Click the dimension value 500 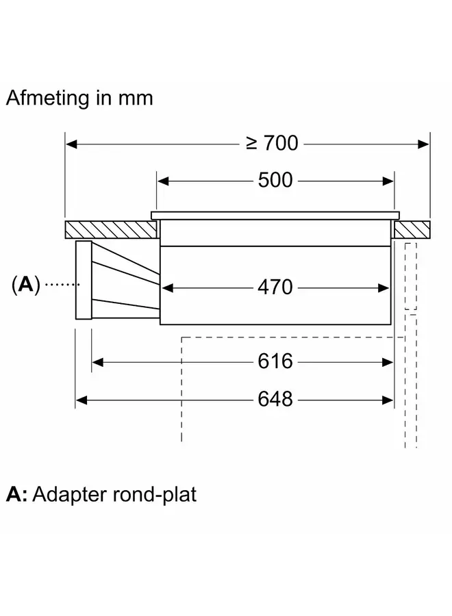[275, 180]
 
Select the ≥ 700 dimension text [272, 143]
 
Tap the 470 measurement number [275, 287]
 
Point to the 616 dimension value [275, 361]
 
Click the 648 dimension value [275, 398]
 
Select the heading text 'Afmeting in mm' [79, 98]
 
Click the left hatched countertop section [108, 228]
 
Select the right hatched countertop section [412, 228]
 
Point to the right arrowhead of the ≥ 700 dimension [424, 144]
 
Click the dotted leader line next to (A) [60, 284]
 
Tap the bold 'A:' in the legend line [16, 493]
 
